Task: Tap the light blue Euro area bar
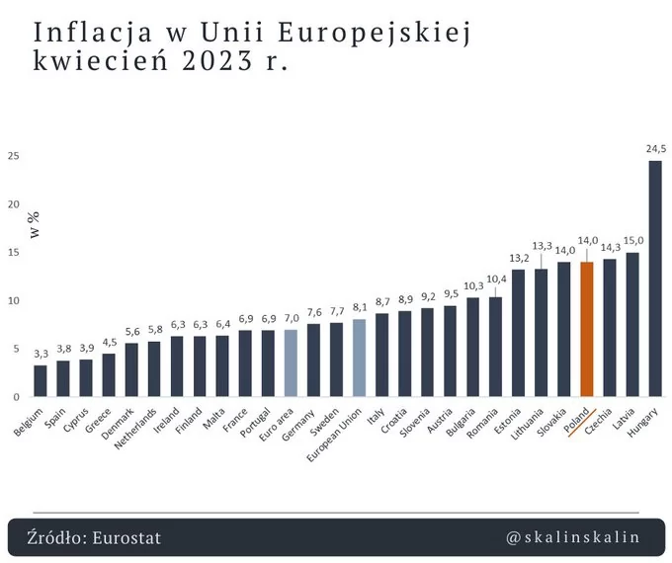coord(291,362)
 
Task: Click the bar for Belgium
coord(41,380)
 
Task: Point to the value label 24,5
coord(655,149)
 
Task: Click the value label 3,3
coord(41,353)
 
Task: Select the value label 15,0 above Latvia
coord(632,240)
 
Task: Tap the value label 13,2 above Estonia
coord(519,258)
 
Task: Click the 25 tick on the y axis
coord(13,156)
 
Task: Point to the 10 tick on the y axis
coord(13,300)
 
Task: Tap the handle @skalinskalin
coord(572,537)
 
